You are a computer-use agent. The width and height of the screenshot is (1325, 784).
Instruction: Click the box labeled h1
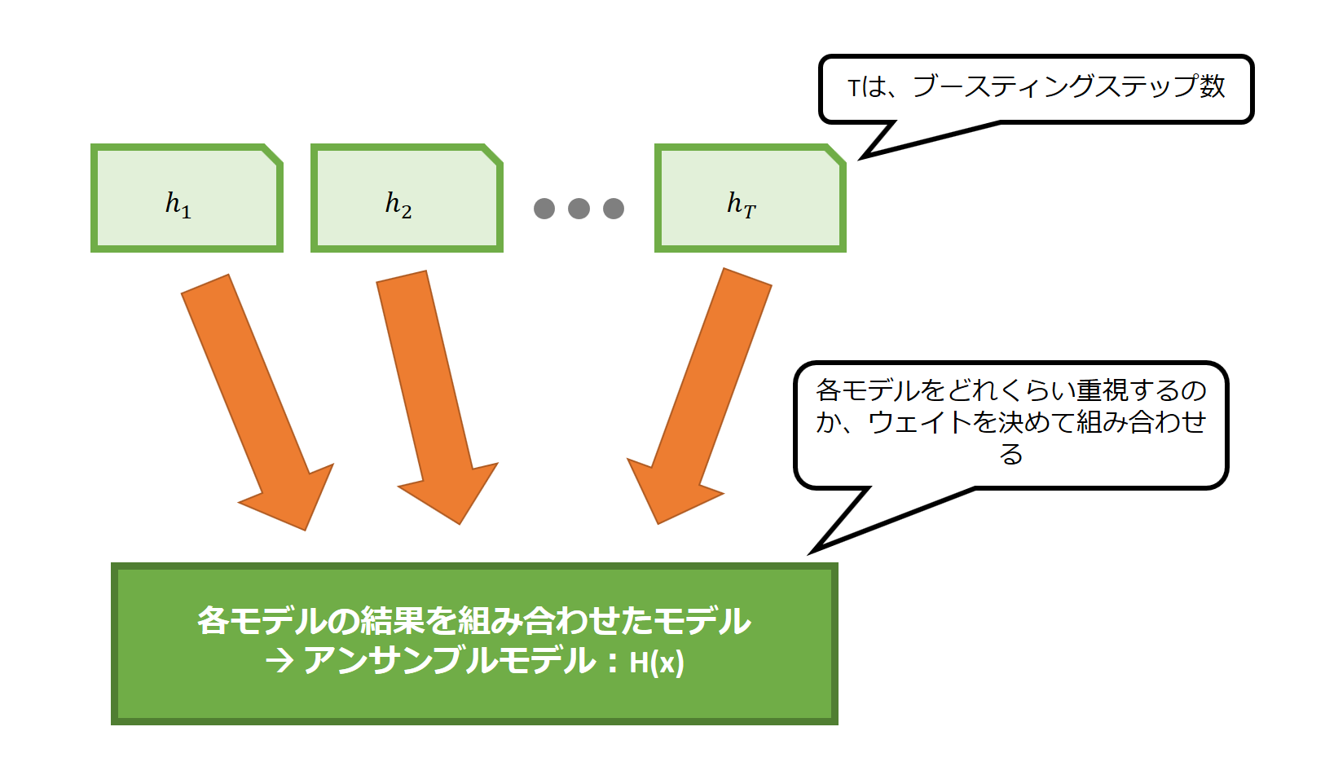tap(187, 198)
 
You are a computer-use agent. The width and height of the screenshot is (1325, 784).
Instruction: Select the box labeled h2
tap(407, 198)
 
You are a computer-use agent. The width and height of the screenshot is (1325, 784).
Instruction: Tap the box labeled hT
tap(750, 198)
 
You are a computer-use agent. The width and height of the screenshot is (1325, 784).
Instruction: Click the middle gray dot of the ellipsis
tap(579, 209)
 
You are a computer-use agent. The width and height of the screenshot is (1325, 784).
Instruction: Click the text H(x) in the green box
tap(657, 663)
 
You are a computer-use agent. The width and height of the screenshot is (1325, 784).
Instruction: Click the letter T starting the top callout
tap(854, 88)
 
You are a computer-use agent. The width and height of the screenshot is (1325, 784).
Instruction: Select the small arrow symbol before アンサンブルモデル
tap(279, 661)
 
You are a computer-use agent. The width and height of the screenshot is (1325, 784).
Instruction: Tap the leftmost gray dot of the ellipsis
tap(544, 209)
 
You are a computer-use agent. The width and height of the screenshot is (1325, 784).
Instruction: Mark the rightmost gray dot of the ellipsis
tap(614, 209)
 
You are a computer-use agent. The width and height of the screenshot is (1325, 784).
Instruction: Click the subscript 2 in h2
tap(406, 212)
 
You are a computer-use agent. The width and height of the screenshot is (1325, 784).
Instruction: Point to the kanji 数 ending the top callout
tap(1212, 86)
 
